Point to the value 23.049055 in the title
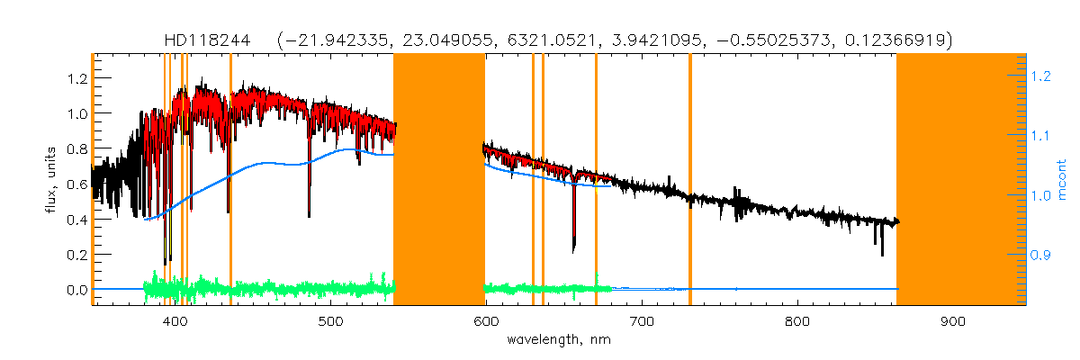pyautogui.click(x=444, y=40)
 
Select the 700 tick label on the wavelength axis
pyautogui.click(x=642, y=321)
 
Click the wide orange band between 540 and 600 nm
pyautogui.click(x=439, y=180)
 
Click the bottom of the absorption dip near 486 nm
pyautogui.click(x=309, y=215)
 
